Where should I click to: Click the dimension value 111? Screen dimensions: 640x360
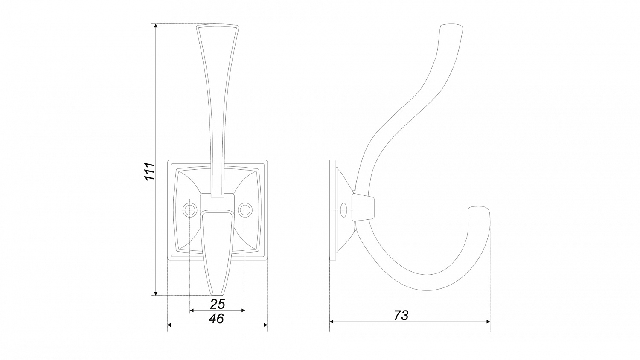(x=149, y=171)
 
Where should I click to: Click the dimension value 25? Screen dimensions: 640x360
(x=218, y=304)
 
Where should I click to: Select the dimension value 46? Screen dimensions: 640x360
(x=216, y=319)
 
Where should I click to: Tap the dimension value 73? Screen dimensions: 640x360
(x=401, y=316)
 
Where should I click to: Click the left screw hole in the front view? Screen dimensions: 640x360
(x=190, y=210)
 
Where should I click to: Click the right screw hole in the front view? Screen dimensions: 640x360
(x=245, y=210)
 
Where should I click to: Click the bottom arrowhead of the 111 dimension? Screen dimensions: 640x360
(x=156, y=293)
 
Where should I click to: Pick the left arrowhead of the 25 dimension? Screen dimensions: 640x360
(x=192, y=311)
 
